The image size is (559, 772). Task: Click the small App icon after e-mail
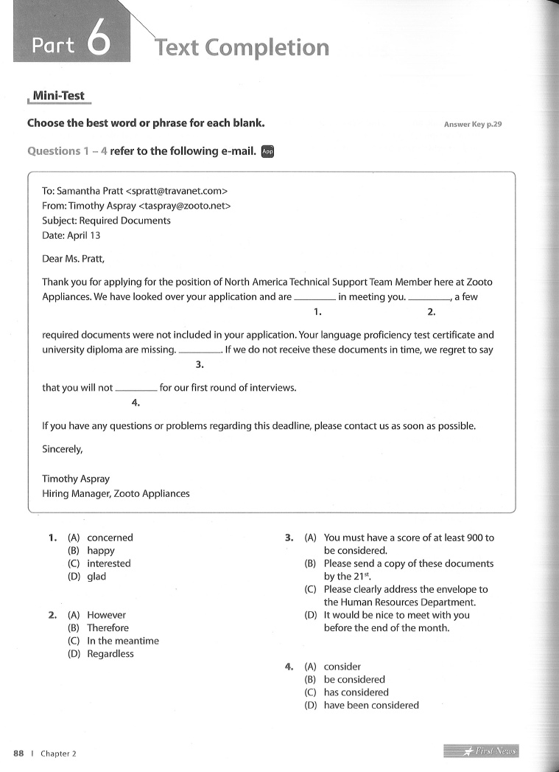(x=267, y=151)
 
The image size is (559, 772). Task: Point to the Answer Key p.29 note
(x=472, y=125)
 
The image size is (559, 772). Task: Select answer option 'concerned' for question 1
(x=110, y=538)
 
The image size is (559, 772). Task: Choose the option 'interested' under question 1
(x=108, y=563)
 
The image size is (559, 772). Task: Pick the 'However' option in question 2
(x=106, y=615)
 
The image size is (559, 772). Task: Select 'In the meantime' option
(x=122, y=641)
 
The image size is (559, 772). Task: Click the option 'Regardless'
(x=110, y=653)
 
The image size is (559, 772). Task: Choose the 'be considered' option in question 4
(x=354, y=679)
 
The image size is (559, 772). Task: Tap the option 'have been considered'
(x=371, y=705)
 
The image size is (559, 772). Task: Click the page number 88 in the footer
(x=19, y=753)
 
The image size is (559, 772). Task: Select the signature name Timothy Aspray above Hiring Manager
(x=76, y=479)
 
